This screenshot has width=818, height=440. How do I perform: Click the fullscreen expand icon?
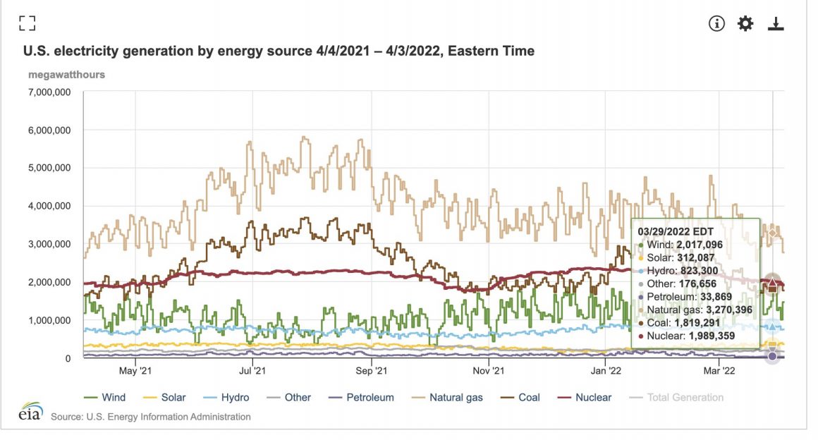pos(27,23)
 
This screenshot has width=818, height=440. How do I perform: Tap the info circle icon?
pos(716,23)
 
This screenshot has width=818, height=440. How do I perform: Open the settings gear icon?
pos(745,23)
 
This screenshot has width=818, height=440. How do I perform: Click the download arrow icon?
pos(776,23)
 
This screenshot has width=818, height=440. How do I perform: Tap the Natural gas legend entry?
pos(449,398)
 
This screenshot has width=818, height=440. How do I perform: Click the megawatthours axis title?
pos(66,74)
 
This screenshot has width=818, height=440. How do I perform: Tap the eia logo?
pos(30,412)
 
